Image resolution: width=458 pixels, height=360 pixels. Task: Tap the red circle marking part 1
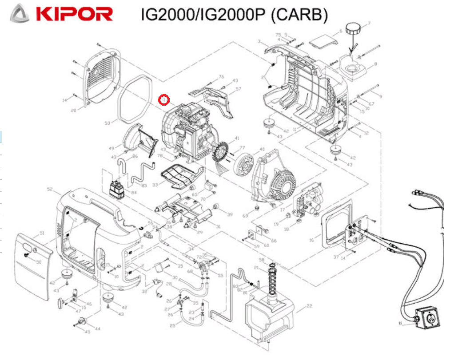(164, 100)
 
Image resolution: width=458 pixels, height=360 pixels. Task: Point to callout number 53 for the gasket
(107, 123)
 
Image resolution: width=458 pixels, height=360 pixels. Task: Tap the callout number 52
(50, 190)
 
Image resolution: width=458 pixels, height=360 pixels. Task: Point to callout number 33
(155, 184)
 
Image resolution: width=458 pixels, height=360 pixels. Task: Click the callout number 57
(239, 89)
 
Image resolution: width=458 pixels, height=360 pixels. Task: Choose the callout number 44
(98, 329)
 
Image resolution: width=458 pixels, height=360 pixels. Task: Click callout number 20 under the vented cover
(74, 110)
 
